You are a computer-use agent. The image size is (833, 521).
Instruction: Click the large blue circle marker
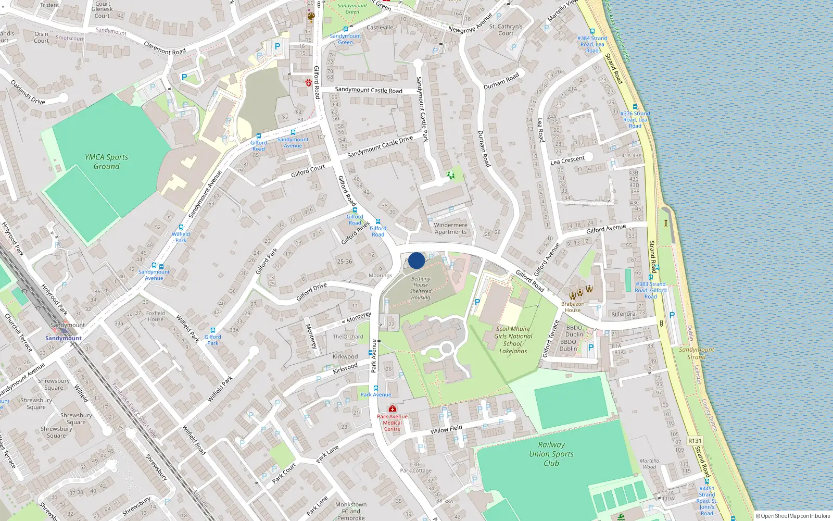coord(416,260)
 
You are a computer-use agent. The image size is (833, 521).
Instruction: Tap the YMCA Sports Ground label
coord(106,162)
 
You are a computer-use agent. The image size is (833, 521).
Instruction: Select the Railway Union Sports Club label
coord(551,454)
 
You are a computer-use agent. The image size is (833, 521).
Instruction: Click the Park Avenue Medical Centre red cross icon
coord(393,408)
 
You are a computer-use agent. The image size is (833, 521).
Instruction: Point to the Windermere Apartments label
coord(451,229)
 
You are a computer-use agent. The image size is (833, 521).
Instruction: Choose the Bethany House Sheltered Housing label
coord(421,288)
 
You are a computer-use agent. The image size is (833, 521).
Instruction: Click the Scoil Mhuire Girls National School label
coord(513,340)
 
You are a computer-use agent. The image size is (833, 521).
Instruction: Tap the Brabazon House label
coord(573,307)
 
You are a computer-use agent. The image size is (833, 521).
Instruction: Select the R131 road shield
coord(695,441)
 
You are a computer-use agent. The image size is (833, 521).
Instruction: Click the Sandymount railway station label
coord(64,338)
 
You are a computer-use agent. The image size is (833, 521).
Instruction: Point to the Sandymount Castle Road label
coord(369,90)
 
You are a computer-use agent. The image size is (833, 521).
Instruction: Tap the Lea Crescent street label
coord(567,160)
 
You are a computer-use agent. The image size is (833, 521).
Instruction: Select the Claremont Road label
coord(165,48)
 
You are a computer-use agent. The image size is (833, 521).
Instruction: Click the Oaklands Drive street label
coord(28,93)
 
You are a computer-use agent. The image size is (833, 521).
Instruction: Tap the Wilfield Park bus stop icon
coord(181,227)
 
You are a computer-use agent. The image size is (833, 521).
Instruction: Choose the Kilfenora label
coord(623,314)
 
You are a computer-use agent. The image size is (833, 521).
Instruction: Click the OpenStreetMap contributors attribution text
coord(793,516)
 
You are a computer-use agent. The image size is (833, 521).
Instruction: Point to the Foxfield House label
coord(156,316)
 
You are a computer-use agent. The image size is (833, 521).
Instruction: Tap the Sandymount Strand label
coord(697,353)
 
